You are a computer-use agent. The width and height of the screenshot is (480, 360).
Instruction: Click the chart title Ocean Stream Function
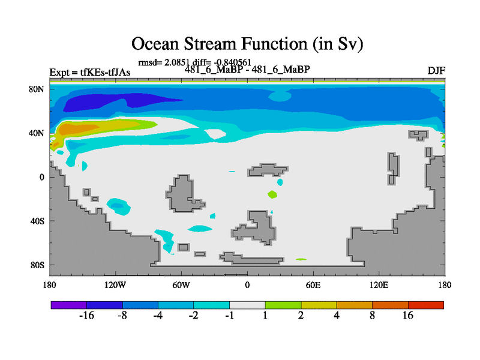click(x=247, y=44)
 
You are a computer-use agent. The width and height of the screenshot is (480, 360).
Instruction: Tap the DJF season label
click(x=436, y=71)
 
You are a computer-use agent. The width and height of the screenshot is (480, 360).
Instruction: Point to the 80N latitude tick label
click(x=37, y=89)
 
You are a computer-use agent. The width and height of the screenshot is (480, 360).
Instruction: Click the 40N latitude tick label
click(x=37, y=133)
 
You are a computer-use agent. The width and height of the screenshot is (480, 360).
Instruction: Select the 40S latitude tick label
click(x=37, y=221)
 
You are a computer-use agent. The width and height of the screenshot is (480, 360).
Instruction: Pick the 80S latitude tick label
click(x=37, y=265)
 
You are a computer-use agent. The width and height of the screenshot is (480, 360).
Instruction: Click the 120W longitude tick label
click(x=115, y=286)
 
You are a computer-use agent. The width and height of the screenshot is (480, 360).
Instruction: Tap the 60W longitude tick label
click(x=181, y=286)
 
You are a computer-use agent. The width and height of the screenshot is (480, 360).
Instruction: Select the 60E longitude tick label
click(x=313, y=286)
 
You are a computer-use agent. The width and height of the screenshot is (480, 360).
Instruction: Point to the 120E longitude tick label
click(x=379, y=286)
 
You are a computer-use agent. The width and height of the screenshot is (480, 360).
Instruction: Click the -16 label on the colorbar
click(x=86, y=316)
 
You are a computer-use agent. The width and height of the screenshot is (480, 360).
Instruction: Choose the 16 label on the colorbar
click(x=408, y=316)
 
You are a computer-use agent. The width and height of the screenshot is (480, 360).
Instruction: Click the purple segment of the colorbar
click(x=69, y=305)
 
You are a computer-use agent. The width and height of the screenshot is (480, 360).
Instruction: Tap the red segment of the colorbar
click(x=426, y=305)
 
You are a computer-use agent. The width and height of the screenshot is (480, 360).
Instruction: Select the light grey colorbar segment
click(x=247, y=305)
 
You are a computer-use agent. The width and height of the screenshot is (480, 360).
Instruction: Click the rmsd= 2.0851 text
click(x=164, y=62)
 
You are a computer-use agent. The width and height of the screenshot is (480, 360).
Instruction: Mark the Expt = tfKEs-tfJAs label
click(x=89, y=73)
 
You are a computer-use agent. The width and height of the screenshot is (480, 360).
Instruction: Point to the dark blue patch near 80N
click(x=116, y=101)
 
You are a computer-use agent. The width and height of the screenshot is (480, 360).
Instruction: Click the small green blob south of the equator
click(x=272, y=194)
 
